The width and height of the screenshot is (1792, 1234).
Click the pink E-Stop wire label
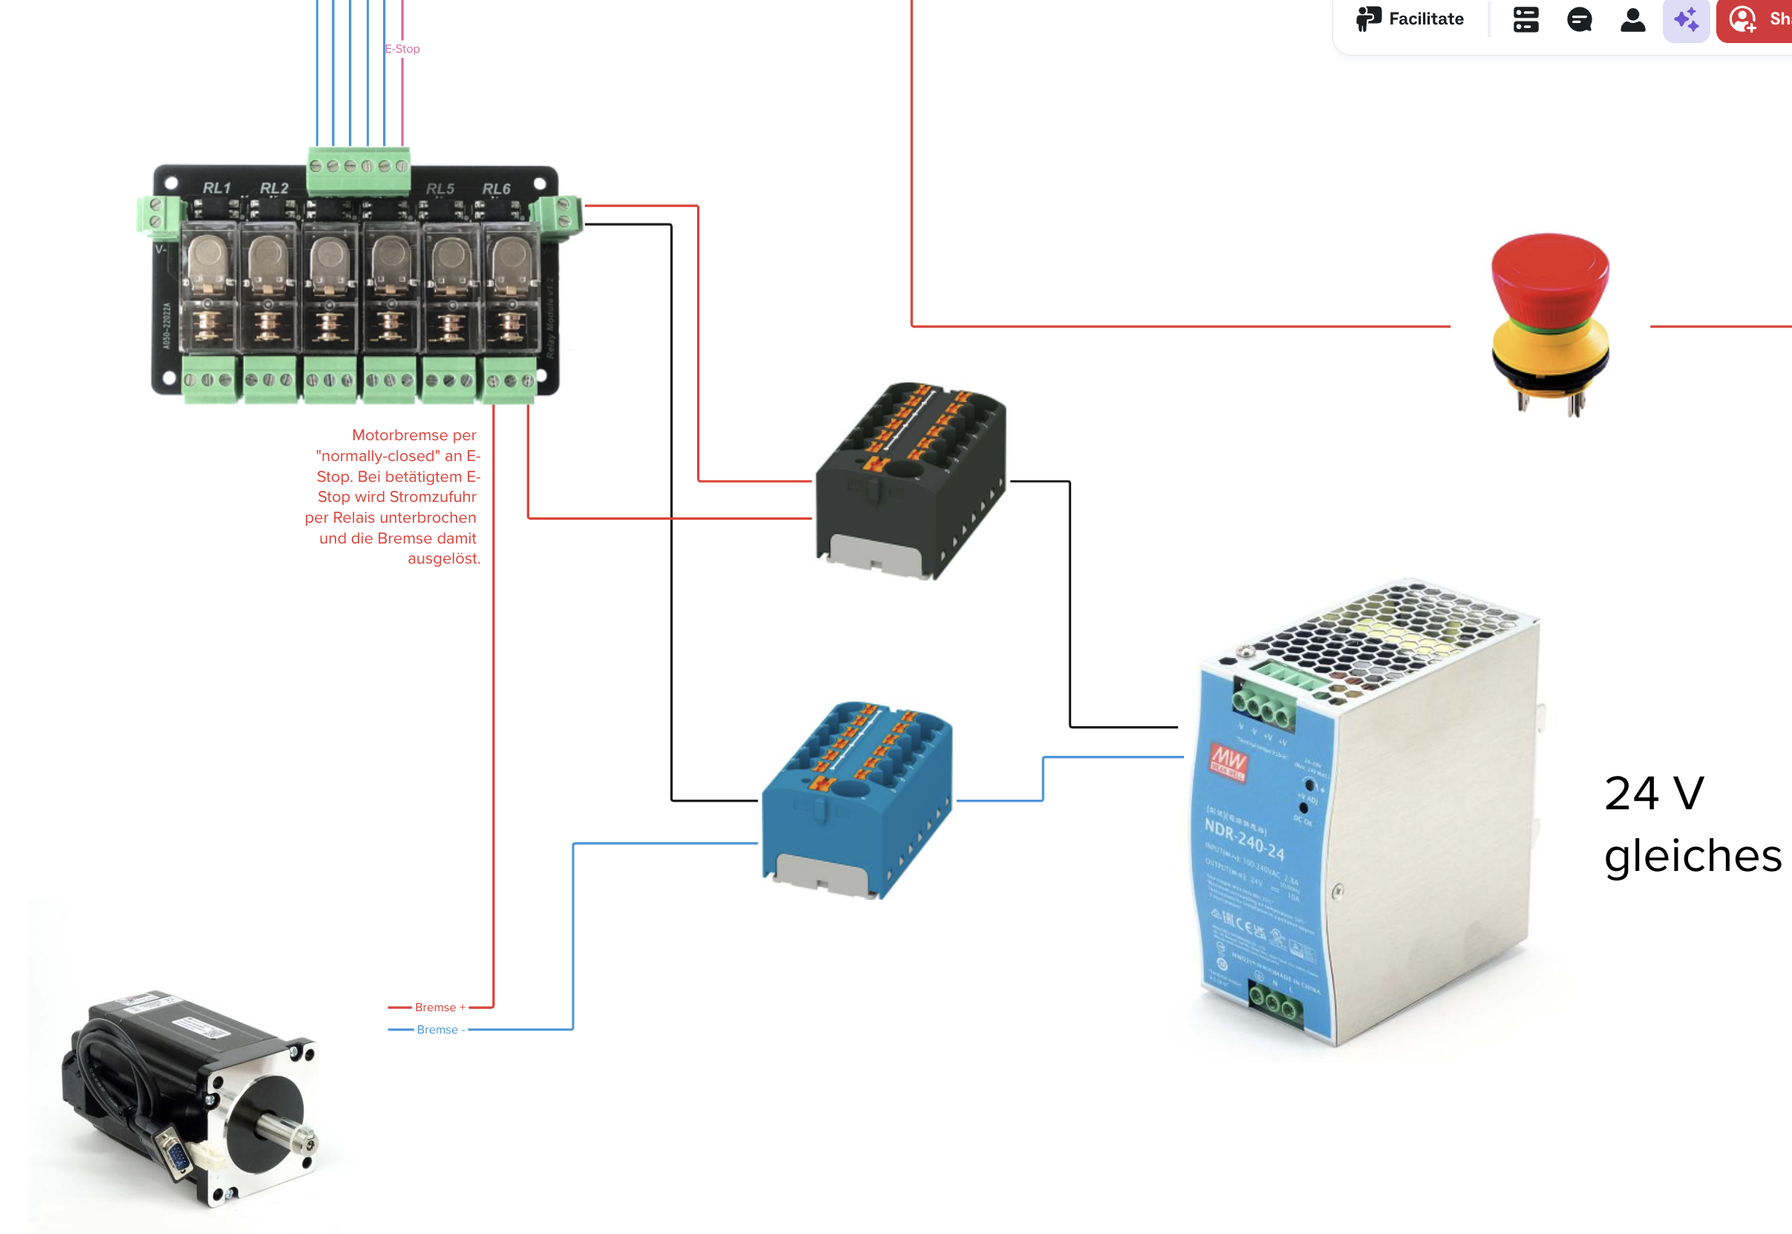402,49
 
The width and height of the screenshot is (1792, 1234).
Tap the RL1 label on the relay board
217,188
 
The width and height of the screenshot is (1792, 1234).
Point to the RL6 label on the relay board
497,189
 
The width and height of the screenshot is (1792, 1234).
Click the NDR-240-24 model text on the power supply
1245,839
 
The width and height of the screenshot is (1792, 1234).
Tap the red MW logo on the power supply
1229,760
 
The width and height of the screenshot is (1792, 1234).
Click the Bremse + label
440,1007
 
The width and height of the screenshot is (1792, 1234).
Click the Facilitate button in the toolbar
1410,19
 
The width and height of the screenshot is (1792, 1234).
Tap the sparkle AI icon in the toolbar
1686,19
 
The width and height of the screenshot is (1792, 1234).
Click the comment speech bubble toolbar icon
1580,19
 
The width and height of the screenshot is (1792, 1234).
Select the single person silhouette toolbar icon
1632,19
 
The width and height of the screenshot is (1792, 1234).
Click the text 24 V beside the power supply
1654,793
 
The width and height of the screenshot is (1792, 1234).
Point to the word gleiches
1693,856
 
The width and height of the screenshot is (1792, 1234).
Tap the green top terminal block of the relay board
359,170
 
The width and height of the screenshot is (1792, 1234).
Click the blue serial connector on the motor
177,1156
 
